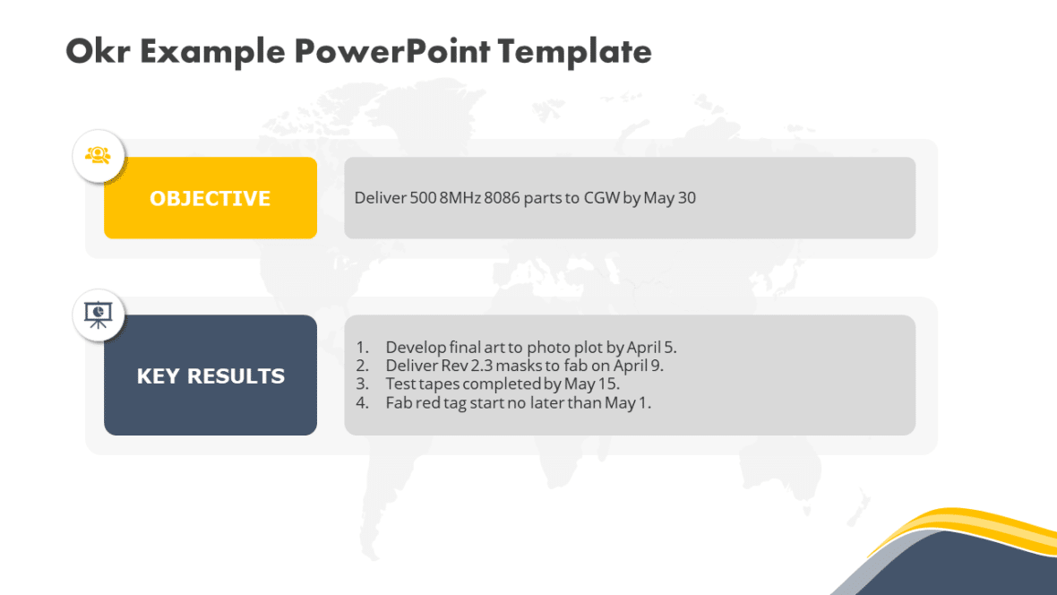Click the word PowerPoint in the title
pos(391,51)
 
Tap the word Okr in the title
pos(97,51)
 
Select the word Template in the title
pos(574,51)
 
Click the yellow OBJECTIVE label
pos(211,198)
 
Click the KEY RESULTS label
pos(211,376)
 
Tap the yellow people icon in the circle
pos(98,155)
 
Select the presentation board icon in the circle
pos(98,314)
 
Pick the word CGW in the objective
pos(601,198)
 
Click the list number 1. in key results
pos(362,347)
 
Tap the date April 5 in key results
pos(651,347)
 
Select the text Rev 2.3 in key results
pos(471,366)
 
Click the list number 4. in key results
pos(362,403)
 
